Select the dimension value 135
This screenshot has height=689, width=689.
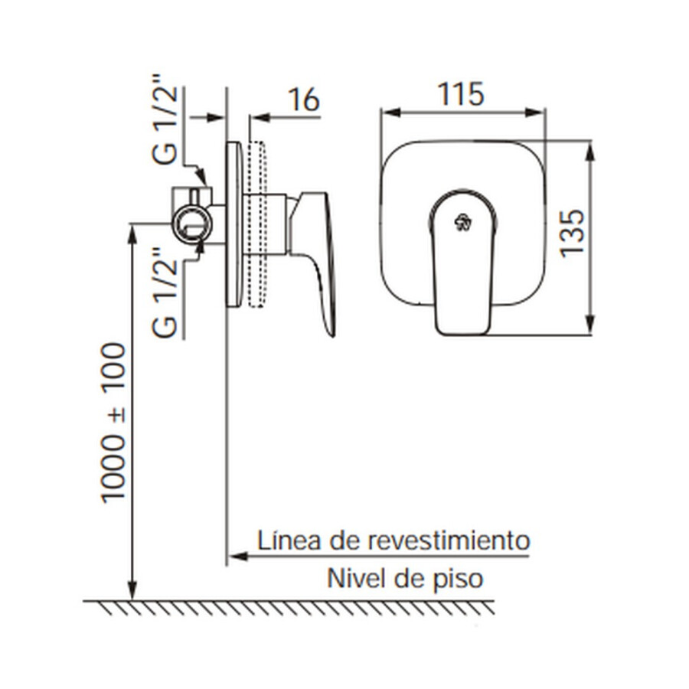click(x=574, y=233)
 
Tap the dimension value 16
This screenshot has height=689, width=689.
click(x=302, y=100)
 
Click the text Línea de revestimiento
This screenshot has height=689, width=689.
click(x=393, y=540)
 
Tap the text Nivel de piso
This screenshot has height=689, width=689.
click(x=405, y=578)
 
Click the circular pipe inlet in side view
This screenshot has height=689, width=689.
click(x=188, y=224)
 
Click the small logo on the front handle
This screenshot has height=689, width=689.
click(x=462, y=223)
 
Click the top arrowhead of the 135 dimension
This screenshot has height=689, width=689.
click(x=589, y=149)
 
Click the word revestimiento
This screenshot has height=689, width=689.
click(x=449, y=540)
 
